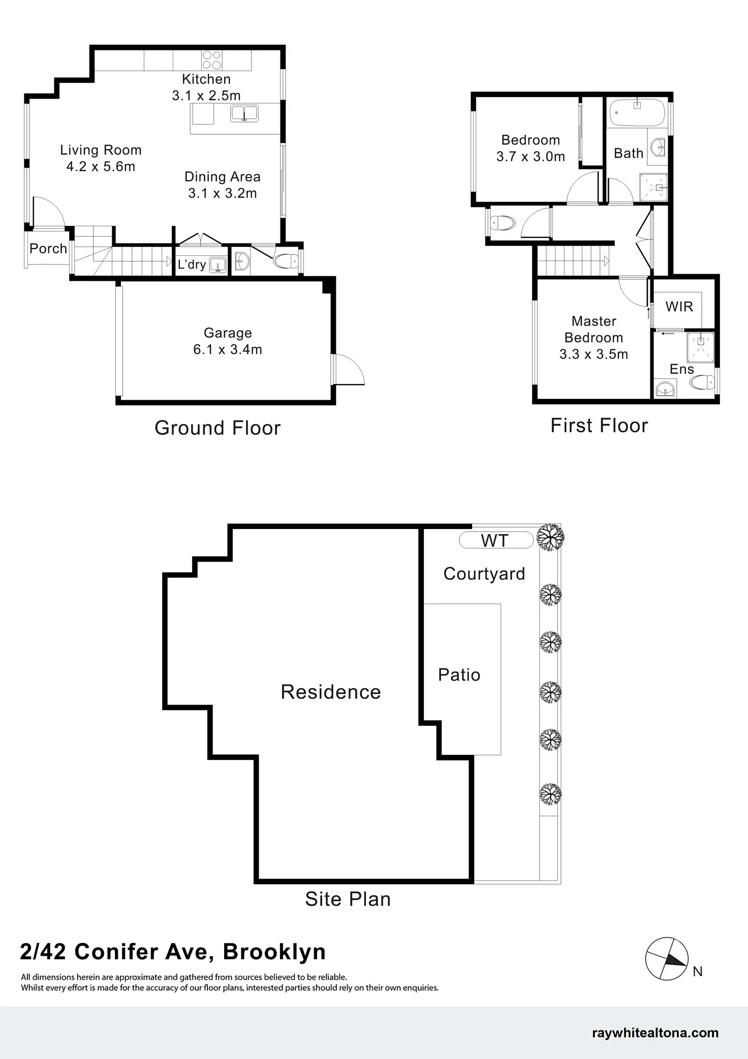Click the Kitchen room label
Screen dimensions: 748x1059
[x=206, y=79]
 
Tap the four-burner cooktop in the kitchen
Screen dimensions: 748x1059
[x=212, y=60]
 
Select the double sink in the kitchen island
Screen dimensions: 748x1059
[x=244, y=113]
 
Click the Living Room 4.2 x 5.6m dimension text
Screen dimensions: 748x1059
[x=101, y=166]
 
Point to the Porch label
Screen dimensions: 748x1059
[x=48, y=249]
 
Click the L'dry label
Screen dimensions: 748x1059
[x=192, y=264]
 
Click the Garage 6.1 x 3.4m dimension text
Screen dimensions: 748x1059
[x=228, y=349]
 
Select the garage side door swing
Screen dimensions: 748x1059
[x=349, y=369]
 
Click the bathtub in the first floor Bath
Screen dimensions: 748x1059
[x=637, y=112]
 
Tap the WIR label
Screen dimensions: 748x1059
[x=679, y=307]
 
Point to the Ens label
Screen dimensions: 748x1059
[x=681, y=369]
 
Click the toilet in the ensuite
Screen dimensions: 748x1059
[x=704, y=381]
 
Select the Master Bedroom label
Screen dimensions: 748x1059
[x=594, y=330]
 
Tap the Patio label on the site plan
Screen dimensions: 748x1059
[x=459, y=675]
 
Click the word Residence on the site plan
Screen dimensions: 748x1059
[x=331, y=692]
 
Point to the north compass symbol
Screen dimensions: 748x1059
[x=667, y=959]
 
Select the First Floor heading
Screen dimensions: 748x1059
[x=599, y=426]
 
